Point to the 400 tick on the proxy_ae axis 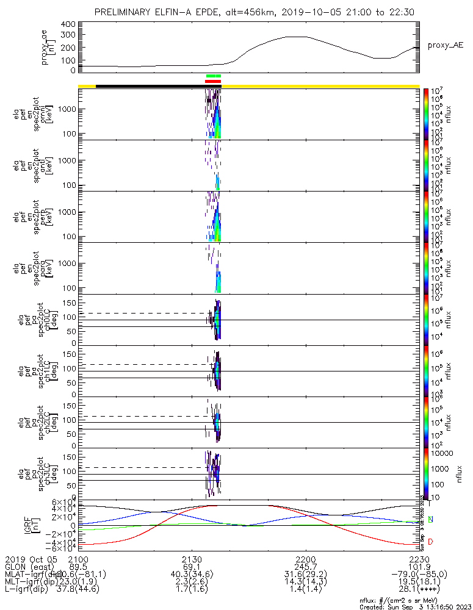tap(69, 24)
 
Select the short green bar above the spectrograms tap(214, 76)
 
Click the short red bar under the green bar tap(213, 81)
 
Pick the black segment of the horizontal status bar tap(150, 86)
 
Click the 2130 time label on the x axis tap(192, 559)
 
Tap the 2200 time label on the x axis tap(305, 559)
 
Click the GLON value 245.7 tap(305, 567)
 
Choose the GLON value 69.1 tap(192, 567)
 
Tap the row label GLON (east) tap(27, 567)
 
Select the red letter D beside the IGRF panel tap(431, 542)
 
